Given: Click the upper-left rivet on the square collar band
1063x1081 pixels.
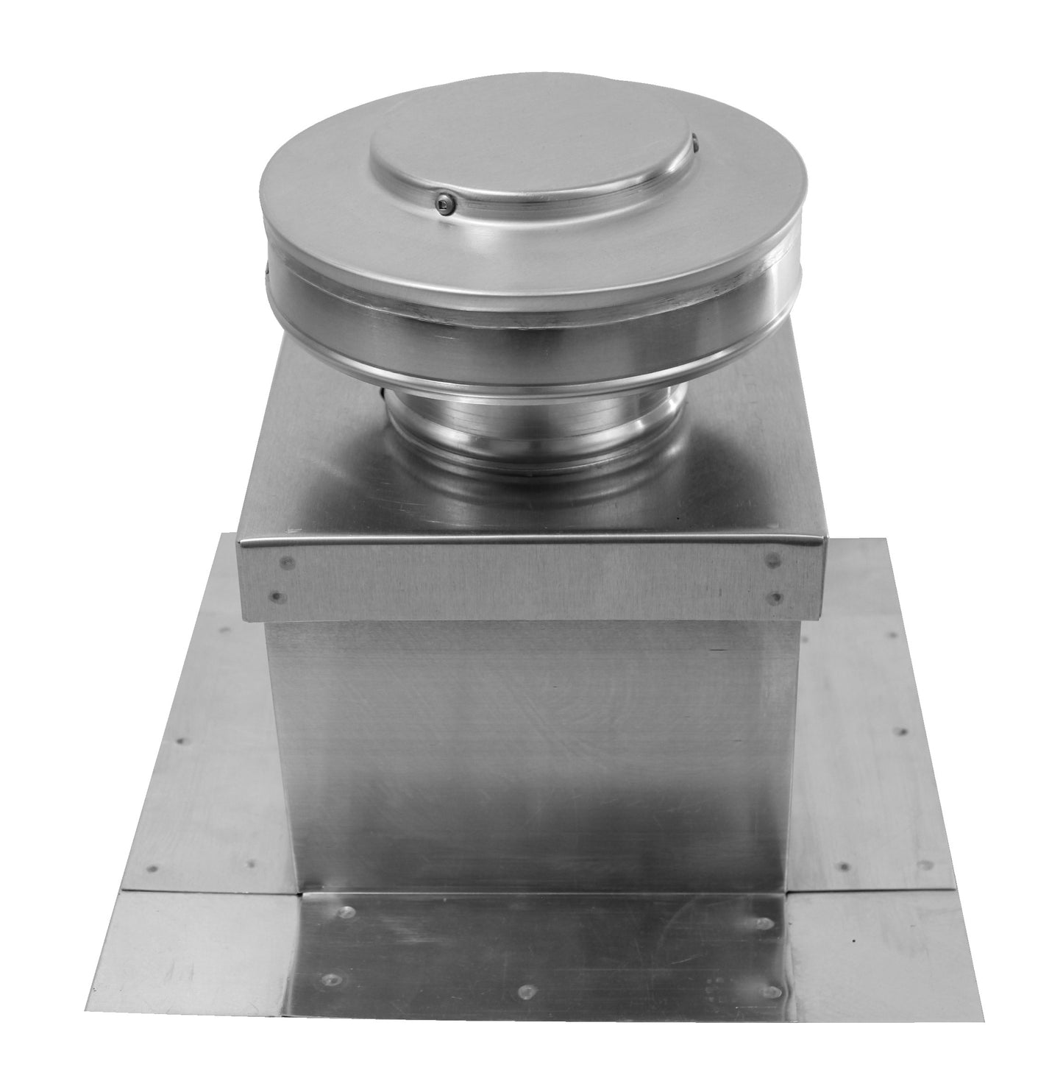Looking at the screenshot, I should pyautogui.click(x=286, y=564).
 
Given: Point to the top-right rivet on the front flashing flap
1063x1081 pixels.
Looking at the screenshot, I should pyautogui.click(x=764, y=923).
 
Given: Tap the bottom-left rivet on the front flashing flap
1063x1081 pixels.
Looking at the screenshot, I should pyautogui.click(x=328, y=979).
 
